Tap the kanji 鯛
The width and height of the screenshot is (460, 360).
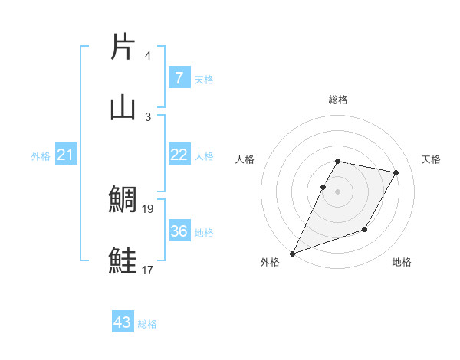click(123, 199)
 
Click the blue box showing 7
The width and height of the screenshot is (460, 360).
click(179, 77)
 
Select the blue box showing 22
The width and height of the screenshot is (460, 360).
click(179, 155)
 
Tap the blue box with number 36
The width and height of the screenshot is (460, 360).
click(179, 231)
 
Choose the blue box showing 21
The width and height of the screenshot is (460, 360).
click(66, 155)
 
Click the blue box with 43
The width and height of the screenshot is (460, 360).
click(123, 322)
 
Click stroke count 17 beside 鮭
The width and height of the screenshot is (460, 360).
click(148, 270)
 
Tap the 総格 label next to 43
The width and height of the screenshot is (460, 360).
click(147, 324)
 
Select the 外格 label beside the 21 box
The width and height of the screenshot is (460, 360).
click(41, 156)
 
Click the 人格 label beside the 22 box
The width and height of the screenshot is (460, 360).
click(204, 155)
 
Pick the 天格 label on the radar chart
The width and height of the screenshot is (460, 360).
click(431, 159)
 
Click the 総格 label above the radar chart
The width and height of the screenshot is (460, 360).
click(337, 100)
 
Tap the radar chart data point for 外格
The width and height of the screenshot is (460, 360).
click(292, 254)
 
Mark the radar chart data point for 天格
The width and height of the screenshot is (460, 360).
click(396, 173)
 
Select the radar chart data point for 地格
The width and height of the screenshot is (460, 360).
click(365, 229)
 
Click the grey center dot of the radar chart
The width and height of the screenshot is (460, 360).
click(337, 191)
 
